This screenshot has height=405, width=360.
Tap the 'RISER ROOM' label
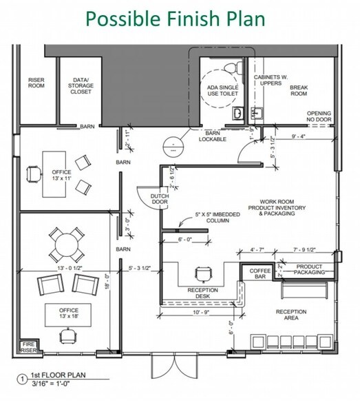pos(36,83)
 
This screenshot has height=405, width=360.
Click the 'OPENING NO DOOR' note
pos(319,116)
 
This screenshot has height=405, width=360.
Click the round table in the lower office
pos(66,244)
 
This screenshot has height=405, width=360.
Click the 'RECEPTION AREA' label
pos(291,316)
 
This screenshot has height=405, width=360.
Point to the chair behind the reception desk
pos(203,274)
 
